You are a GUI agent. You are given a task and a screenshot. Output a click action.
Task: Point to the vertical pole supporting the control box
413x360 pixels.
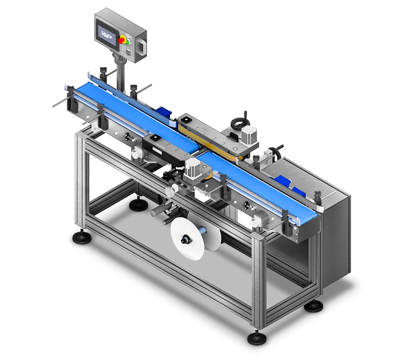[x=120, y=73]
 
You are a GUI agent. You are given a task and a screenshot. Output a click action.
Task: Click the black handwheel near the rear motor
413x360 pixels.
[x=238, y=125]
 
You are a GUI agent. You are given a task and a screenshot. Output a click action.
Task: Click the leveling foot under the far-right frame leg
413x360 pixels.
[x=315, y=305]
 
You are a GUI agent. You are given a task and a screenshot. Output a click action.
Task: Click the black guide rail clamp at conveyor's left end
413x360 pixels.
[x=70, y=101]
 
